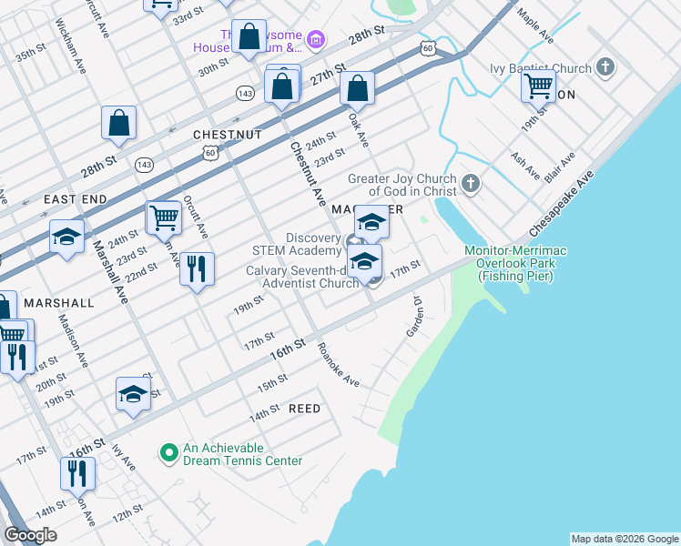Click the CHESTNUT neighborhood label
(228, 135)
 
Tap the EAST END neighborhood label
(75, 198)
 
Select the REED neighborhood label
(304, 409)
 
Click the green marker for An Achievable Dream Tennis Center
(168, 452)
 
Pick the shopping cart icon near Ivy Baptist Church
(539, 86)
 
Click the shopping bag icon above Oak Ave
(358, 88)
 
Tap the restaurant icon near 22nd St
(197, 268)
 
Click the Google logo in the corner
(30, 535)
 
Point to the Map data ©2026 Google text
(624, 539)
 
